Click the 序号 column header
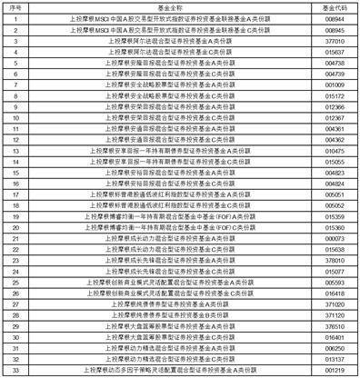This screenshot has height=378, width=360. tap(15, 7)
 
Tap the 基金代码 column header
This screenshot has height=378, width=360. tap(332, 7)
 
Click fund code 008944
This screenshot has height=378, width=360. tap(332, 18)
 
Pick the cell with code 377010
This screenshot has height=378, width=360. tap(332, 41)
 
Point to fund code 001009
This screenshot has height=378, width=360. tap(332, 85)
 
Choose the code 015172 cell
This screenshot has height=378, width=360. tap(332, 95)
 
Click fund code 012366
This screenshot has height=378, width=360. tap(332, 106)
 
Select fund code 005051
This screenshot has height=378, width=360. tap(332, 194)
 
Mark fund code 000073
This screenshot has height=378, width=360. tap(332, 238)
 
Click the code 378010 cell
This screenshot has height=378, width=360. tap(332, 260)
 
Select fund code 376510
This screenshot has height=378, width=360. tap(332, 325)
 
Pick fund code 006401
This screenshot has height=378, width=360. tap(332, 336)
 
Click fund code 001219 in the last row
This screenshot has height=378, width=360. tap(332, 370)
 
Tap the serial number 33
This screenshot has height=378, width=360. tap(15, 370)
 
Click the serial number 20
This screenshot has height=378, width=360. tap(15, 227)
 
